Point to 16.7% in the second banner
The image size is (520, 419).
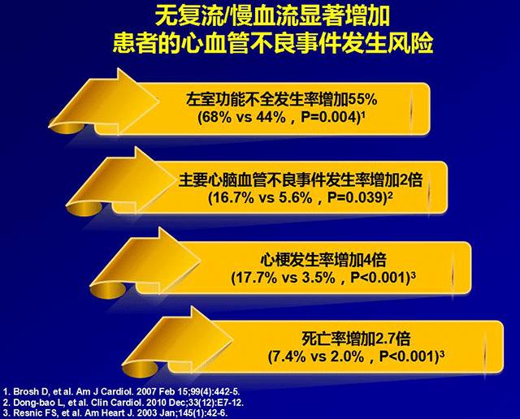tap(233, 197)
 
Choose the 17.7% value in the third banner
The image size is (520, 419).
tap(256, 278)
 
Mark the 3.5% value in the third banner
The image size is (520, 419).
tap(318, 278)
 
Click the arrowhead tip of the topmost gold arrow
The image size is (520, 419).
tap(159, 99)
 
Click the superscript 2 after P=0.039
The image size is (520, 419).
tap(390, 195)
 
